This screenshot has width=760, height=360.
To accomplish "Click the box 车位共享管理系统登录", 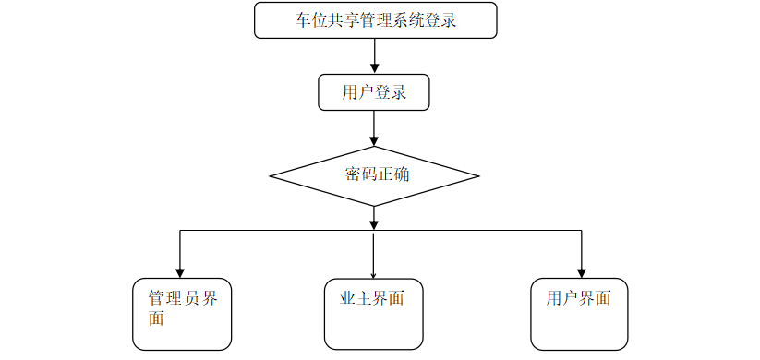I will (x=375, y=20).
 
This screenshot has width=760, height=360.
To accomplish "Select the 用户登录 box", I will (x=374, y=92).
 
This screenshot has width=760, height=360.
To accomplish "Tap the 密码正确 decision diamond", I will (x=374, y=175).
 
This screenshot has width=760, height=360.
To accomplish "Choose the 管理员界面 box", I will (x=182, y=314).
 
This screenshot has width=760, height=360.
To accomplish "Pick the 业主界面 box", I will (x=374, y=314).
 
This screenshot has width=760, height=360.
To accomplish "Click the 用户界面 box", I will (x=579, y=314).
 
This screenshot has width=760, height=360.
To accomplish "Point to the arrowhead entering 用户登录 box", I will (x=374, y=68).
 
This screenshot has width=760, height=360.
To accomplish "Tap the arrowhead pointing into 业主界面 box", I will (x=374, y=274).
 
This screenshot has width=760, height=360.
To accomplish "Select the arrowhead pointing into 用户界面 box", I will (x=581, y=272).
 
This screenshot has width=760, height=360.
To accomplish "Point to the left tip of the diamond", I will (x=271, y=175).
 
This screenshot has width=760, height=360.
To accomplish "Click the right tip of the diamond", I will (x=478, y=175).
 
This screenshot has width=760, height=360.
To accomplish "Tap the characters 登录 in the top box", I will (x=440, y=20).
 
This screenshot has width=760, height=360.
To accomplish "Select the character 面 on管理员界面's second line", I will (x=156, y=319).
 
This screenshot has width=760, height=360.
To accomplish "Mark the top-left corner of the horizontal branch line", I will (x=179, y=231).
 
